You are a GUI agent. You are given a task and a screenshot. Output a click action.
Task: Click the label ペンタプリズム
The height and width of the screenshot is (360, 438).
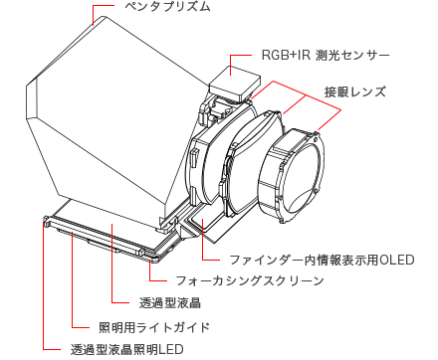click(167, 7)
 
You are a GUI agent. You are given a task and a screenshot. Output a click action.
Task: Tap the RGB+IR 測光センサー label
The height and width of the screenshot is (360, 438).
click(326, 56)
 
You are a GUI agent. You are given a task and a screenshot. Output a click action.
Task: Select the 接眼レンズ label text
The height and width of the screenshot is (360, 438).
click(355, 91)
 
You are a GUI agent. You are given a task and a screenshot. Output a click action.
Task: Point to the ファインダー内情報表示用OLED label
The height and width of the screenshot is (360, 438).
click(322, 260)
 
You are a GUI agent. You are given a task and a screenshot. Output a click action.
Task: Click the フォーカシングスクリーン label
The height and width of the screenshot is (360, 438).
click(249, 280)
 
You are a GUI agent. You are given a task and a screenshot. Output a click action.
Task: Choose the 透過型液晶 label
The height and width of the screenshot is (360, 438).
click(170, 302)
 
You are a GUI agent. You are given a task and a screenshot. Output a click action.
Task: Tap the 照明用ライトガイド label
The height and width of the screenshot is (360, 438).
click(154, 327)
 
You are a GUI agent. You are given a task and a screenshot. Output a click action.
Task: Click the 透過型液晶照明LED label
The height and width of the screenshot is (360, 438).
click(126, 350)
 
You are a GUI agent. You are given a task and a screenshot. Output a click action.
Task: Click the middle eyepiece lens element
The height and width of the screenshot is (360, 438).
click(252, 162)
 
